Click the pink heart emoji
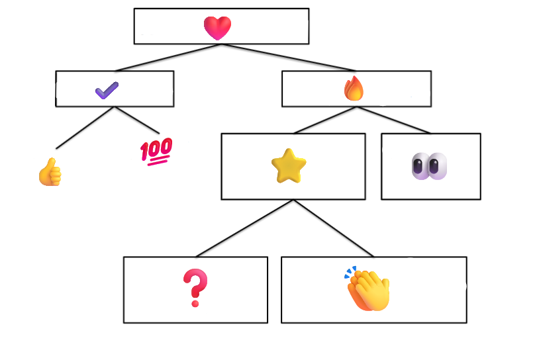pos(217,28)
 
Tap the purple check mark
pos(107,90)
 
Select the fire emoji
pos(354,89)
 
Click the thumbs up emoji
pos(50,172)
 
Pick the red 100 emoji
pos(156,151)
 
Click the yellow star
pos(289,166)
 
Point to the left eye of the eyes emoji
pos(420,165)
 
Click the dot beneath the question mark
pos(195,304)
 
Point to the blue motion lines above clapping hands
pos(350,271)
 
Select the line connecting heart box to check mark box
pos(168,58)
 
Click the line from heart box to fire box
pos(289,58)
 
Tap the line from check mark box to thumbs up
pos(85,128)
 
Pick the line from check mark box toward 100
pos(137,120)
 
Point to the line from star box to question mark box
pos(245,228)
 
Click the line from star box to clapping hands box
pos(334,228)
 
